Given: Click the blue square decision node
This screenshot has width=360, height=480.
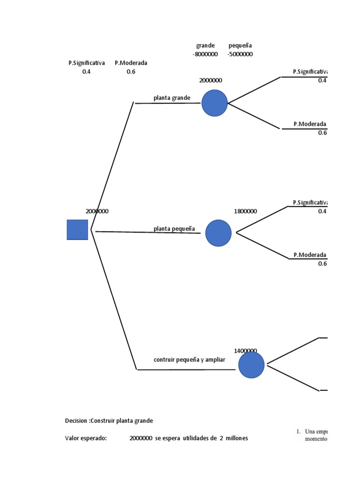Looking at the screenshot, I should pyautogui.click(x=77, y=230).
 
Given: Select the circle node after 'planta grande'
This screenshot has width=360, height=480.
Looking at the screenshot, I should pyautogui.click(x=215, y=103).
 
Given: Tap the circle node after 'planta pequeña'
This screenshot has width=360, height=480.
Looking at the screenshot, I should pyautogui.click(x=218, y=233).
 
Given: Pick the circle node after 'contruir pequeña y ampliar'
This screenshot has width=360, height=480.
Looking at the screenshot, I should pyautogui.click(x=251, y=365).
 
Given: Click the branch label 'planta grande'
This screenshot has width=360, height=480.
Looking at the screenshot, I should pyautogui.click(x=172, y=98).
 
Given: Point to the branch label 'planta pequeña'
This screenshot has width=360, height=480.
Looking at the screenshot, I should pyautogui.click(x=174, y=228).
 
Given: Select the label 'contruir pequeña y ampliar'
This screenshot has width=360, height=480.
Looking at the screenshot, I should pyautogui.click(x=189, y=360).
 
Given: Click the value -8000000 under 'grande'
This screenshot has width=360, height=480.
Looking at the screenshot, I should pyautogui.click(x=205, y=54).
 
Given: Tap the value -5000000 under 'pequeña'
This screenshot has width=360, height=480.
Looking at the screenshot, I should pyautogui.click(x=240, y=54).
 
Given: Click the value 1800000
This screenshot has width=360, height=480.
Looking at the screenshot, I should pyautogui.click(x=246, y=211).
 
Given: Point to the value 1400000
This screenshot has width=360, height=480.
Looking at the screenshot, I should pyautogui.click(x=246, y=351).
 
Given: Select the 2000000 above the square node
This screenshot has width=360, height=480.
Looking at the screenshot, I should pyautogui.click(x=97, y=211).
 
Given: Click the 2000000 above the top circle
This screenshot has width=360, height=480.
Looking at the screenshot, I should pyautogui.click(x=211, y=80).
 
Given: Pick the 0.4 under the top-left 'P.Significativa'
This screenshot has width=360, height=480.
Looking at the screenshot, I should pyautogui.click(x=86, y=72).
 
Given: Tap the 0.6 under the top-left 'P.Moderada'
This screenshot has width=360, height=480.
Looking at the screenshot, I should pyautogui.click(x=131, y=72).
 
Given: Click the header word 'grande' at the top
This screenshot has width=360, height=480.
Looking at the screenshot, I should pyautogui.click(x=205, y=45).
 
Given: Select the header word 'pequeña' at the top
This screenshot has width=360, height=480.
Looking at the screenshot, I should pyautogui.click(x=240, y=45).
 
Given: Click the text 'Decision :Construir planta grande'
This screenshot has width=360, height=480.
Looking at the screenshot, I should pyautogui.click(x=109, y=420).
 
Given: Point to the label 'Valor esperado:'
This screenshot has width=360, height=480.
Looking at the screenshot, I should pyautogui.click(x=86, y=438).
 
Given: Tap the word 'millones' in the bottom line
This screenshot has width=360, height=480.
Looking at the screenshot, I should pyautogui.click(x=236, y=438).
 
